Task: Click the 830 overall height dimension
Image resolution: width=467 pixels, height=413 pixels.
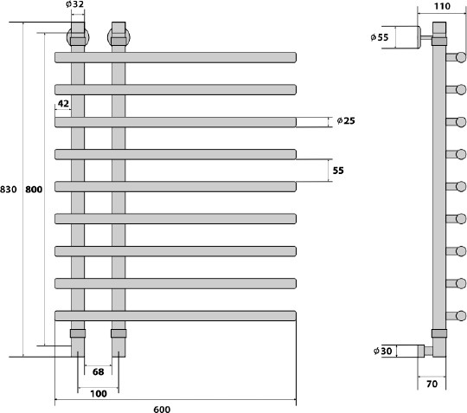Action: click(x=9, y=190)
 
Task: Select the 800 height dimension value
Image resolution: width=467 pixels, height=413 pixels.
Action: click(x=34, y=190)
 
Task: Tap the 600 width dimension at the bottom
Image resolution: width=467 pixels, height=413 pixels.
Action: click(x=162, y=410)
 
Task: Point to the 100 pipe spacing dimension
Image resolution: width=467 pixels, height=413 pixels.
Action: click(x=99, y=394)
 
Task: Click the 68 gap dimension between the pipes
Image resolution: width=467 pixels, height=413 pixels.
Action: click(x=99, y=371)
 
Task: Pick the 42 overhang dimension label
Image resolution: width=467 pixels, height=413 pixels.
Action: click(x=63, y=104)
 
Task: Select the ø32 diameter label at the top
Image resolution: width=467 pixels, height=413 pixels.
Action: click(x=75, y=4)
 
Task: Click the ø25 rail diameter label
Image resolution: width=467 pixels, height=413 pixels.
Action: click(x=346, y=120)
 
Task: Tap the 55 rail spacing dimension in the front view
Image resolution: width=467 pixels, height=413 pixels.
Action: click(x=338, y=171)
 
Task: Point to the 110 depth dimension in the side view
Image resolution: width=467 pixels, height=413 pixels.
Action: click(x=442, y=6)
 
